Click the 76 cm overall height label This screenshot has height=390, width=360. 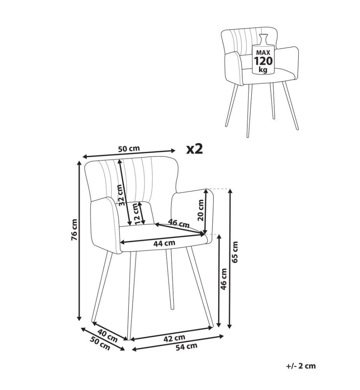74,230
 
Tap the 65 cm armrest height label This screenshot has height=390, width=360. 235,252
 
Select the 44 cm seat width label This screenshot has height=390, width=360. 164,243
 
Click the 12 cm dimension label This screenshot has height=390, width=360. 136,214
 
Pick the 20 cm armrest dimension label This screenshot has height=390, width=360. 200,210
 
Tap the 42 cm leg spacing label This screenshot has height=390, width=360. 174,338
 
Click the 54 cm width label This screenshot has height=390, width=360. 187,346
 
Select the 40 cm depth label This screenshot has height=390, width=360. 107,335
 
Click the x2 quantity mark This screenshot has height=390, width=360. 195,149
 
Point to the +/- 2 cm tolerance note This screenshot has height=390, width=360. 301,366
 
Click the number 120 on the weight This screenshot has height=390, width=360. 263,61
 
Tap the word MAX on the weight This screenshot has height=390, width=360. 263,53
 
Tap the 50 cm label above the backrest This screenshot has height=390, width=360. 129,149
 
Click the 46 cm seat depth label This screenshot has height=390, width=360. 178,223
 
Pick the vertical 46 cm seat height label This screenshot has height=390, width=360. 224,279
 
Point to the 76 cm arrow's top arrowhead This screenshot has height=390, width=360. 79,163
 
